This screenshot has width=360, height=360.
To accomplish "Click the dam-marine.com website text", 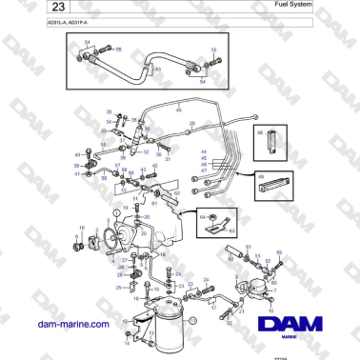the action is (72, 324).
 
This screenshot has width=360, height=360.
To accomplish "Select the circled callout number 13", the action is (190, 321).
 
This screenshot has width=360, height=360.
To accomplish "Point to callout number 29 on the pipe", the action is (190, 124).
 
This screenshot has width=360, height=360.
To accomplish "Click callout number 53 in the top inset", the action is (157, 70).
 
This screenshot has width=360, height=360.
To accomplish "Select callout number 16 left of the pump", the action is (81, 227).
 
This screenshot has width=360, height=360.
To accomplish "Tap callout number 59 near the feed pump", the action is (279, 252).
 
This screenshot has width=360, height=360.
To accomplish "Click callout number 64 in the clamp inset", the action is (203, 217).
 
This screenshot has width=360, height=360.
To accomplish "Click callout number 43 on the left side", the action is (77, 154).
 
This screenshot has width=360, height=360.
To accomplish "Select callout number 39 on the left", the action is (77, 165).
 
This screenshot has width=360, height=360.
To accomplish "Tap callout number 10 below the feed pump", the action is (272, 310).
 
